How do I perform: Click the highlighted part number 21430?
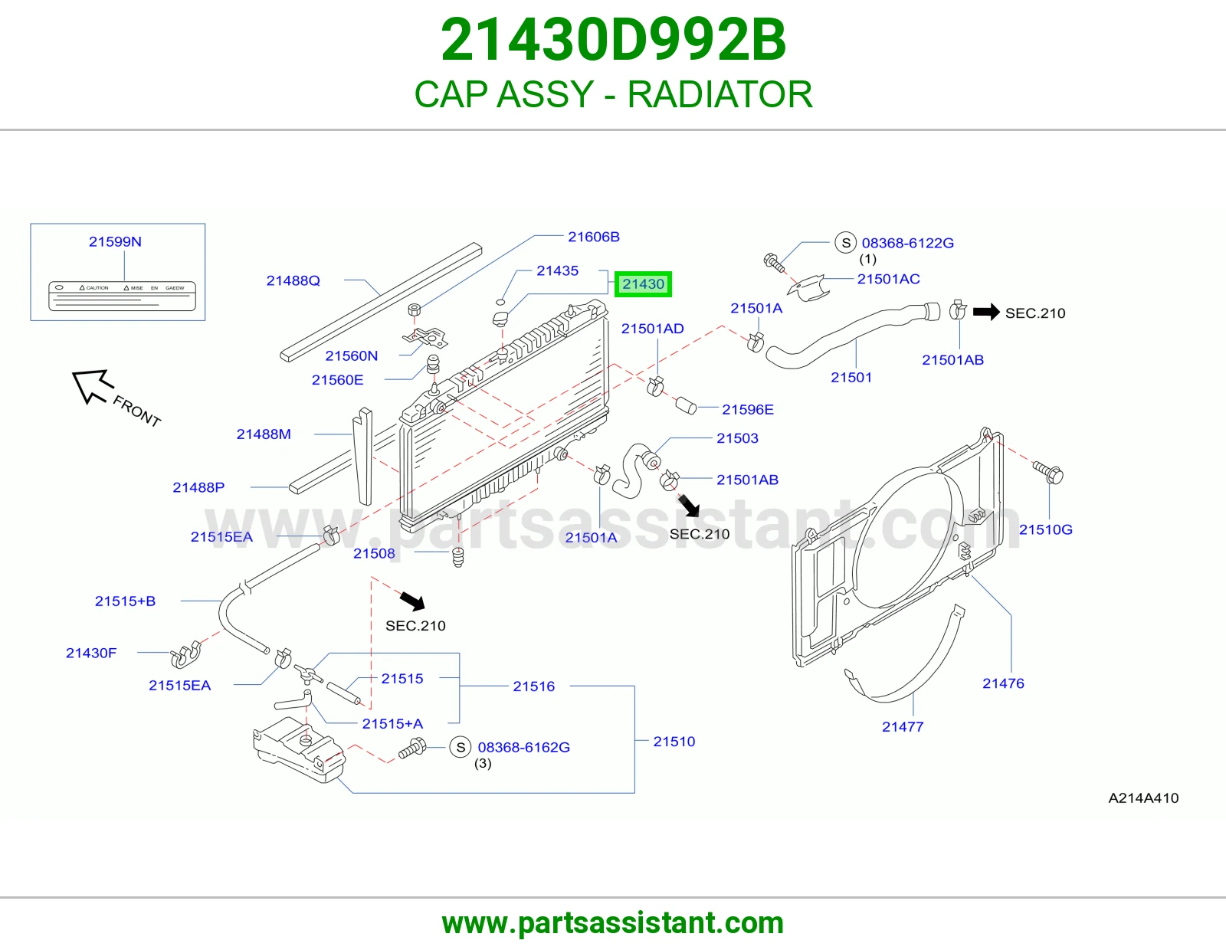coord(643,283)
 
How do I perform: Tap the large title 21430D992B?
coord(613,40)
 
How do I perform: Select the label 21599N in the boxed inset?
coord(115,241)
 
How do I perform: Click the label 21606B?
coord(594,237)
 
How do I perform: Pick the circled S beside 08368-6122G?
coord(845,243)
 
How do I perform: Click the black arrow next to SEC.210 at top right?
coord(985,311)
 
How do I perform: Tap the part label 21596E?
coord(748,410)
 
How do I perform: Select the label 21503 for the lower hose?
coord(737,438)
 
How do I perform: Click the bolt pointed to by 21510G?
coord(1048,472)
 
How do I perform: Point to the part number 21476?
coord(1003,683)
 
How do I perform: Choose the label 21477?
coord(903,726)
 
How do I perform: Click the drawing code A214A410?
coord(1143,798)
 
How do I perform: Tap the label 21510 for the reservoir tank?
coord(674,742)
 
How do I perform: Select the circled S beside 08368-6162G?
coord(461,747)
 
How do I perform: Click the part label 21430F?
coord(91,653)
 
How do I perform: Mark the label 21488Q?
coord(293,280)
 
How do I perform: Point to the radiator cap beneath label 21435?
coord(500,319)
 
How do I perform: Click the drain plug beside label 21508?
coord(458,557)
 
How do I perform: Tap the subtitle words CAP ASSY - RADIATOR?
coord(613,94)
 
